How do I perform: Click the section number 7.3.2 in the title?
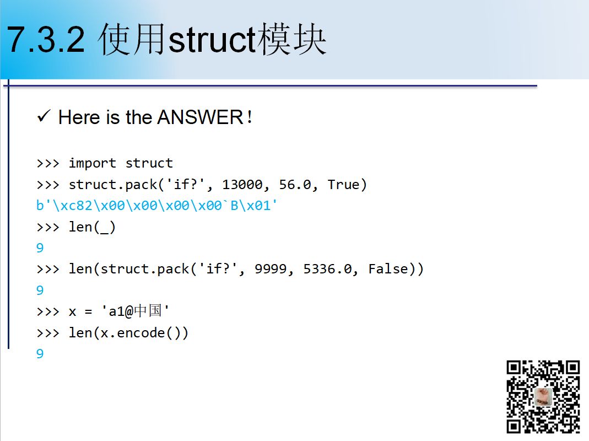[46, 40]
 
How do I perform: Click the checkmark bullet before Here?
[44, 116]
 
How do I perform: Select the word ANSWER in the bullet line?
[200, 117]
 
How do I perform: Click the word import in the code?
[92, 163]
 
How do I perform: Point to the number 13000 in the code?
[242, 185]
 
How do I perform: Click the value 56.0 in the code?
[295, 185]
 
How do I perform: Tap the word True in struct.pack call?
[343, 185]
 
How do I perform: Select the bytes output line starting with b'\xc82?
[156, 205]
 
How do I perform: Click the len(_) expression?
[92, 227]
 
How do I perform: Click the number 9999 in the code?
[271, 269]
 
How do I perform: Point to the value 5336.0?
[327, 269]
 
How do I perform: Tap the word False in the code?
[388, 269]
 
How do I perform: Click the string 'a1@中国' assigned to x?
[135, 311]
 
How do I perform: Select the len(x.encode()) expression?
[128, 333]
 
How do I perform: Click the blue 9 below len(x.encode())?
[40, 353]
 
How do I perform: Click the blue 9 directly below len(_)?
[40, 248]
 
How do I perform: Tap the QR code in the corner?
[543, 397]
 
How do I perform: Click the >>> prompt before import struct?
[48, 163]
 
